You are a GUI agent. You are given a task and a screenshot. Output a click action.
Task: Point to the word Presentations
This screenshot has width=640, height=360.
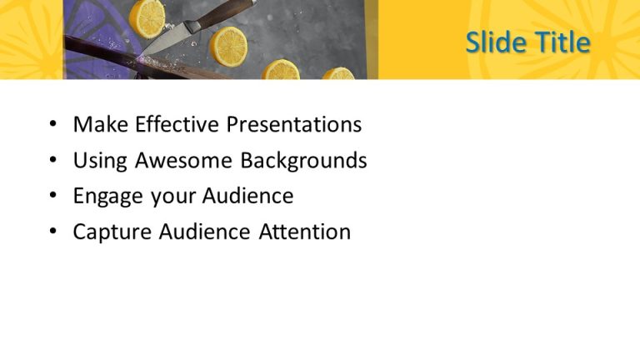[294, 125]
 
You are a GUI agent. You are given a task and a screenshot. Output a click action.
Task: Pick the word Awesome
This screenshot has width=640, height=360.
[183, 161]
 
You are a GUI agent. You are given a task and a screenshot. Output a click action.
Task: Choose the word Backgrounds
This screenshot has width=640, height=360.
[303, 161]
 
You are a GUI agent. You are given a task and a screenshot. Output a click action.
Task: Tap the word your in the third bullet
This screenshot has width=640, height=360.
[169, 197]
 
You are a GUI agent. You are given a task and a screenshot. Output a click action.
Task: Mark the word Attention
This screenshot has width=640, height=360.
[302, 232]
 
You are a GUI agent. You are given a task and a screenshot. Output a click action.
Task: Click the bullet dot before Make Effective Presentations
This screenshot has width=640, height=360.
[53, 126]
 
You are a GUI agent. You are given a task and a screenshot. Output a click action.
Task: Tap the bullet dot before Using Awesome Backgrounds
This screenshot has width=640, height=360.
[53, 162]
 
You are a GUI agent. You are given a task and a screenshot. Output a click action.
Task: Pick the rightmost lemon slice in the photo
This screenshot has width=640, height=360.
[339, 74]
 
